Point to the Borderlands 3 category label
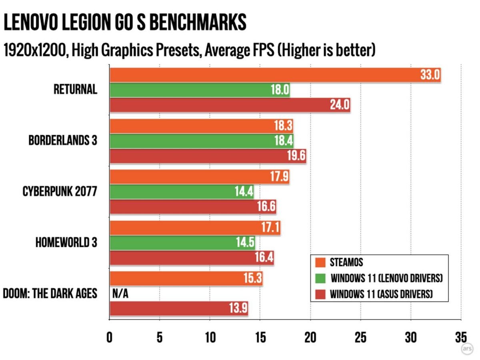pos(63,141)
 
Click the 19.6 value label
pos(296,156)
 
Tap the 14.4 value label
pos(244,192)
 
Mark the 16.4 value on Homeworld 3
pos(264,258)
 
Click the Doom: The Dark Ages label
pos(50,294)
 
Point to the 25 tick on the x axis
pos(360,337)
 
